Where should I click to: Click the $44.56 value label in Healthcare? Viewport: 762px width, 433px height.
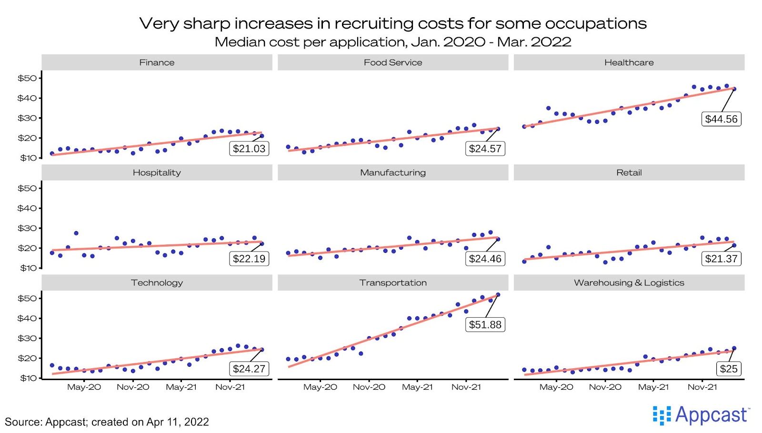click(721, 119)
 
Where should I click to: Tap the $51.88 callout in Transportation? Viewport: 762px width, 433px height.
click(485, 325)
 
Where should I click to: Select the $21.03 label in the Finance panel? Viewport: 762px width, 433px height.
click(249, 149)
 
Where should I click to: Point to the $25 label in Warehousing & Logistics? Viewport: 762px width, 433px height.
click(728, 369)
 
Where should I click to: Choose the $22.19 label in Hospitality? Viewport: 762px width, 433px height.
click(249, 259)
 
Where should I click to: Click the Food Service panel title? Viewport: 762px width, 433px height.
click(393, 62)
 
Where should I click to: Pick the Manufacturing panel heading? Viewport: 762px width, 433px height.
click(393, 172)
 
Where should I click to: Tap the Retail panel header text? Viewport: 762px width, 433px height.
click(629, 172)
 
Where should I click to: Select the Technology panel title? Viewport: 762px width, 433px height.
click(157, 282)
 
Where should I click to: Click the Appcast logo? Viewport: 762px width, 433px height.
click(702, 415)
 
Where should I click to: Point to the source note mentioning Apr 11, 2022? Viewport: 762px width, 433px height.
click(107, 422)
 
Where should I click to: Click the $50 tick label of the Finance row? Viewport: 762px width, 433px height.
click(27, 78)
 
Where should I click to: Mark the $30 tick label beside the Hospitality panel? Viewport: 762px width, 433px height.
click(27, 228)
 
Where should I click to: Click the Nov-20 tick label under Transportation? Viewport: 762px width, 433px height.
click(369, 387)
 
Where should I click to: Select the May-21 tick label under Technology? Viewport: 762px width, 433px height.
click(181, 387)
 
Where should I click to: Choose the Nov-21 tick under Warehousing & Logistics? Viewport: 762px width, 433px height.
click(702, 387)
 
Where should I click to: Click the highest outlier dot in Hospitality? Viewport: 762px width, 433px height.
click(76, 233)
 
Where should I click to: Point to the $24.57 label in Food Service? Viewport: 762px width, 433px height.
click(485, 149)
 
